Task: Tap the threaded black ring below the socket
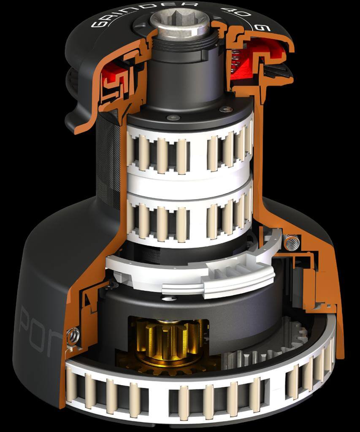coord(186,44)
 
